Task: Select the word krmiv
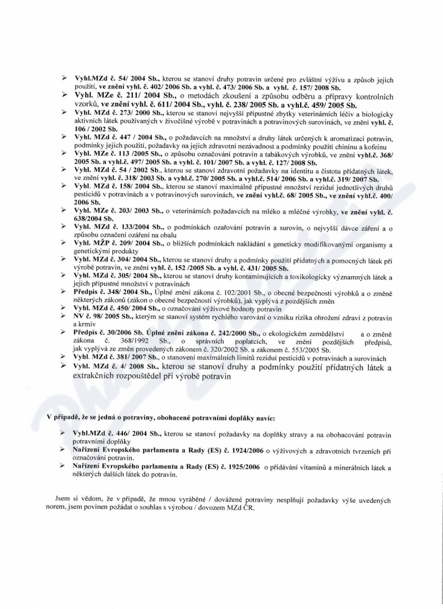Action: [83, 323]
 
